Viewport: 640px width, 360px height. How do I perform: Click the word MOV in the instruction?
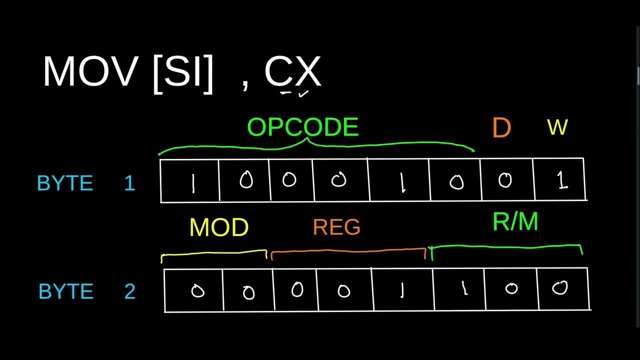pyautogui.click(x=89, y=72)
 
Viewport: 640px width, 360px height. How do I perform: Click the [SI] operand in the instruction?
pyautogui.click(x=183, y=73)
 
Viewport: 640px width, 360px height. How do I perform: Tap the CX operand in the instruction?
pyautogui.click(x=292, y=72)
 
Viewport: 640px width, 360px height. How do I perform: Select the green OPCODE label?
pyautogui.click(x=303, y=127)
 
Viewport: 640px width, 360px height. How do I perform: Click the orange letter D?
pyautogui.click(x=501, y=128)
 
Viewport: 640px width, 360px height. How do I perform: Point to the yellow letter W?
pyautogui.click(x=557, y=128)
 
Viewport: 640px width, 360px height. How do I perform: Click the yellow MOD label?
pyautogui.click(x=219, y=228)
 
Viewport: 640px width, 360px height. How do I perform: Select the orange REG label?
pyautogui.click(x=336, y=228)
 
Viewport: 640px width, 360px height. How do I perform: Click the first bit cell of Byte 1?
pyautogui.click(x=190, y=180)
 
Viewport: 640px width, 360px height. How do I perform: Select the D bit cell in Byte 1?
pyautogui.click(x=506, y=180)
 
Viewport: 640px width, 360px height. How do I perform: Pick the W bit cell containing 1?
pyautogui.click(x=559, y=180)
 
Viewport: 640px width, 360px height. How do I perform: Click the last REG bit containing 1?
pyautogui.click(x=402, y=290)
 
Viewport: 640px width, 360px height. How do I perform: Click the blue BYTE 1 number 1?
pyautogui.click(x=129, y=183)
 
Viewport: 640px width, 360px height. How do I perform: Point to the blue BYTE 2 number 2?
pyautogui.click(x=129, y=291)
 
